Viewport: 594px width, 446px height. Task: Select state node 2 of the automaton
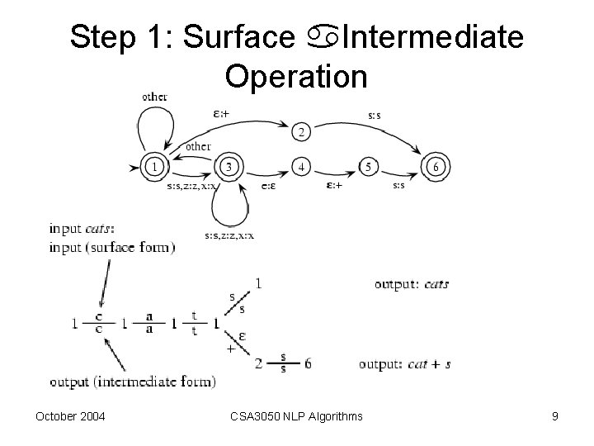tap(302, 132)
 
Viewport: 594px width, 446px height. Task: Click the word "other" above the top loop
tap(154, 97)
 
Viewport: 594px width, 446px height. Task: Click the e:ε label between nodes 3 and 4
tap(268, 186)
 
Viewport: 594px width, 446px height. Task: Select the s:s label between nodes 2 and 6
tap(375, 115)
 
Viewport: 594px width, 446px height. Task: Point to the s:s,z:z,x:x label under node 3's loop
tap(229, 236)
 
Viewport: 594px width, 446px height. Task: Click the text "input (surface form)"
tap(112, 248)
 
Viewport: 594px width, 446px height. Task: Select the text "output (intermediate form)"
tap(133, 382)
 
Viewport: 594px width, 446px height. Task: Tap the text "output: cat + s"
tap(404, 363)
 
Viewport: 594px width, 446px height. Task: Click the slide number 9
tap(555, 416)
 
